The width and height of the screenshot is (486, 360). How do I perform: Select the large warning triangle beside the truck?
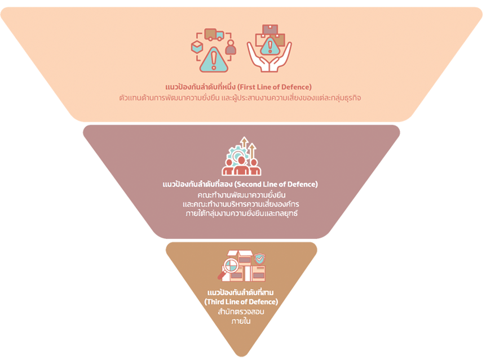(214, 59)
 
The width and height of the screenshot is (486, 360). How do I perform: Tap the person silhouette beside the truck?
(231, 47)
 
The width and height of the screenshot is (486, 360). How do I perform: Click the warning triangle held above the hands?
(270, 46)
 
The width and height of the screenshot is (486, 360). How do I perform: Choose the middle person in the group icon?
(241, 167)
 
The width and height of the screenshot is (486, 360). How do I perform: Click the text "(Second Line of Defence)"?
(276, 184)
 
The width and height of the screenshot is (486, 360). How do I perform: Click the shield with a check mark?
(259, 259)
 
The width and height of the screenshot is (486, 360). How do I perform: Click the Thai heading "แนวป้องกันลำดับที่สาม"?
(241, 294)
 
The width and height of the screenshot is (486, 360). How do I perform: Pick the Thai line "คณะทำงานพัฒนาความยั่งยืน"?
(241, 194)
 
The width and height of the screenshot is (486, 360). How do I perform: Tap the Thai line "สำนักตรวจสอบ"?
(241, 312)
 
